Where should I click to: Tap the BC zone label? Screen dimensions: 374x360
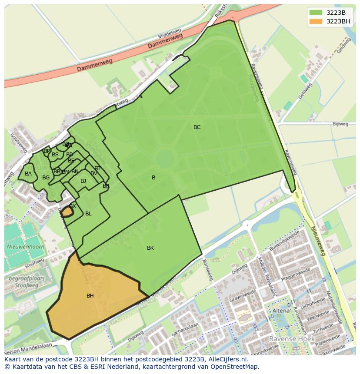pos(197,127)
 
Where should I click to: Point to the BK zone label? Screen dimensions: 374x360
pos(150,248)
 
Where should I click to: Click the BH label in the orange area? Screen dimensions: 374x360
pos(90,296)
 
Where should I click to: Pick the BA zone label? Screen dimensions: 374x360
pos(28,174)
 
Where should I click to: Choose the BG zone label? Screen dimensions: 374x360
pos(46,178)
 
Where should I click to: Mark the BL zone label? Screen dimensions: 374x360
pos(88,214)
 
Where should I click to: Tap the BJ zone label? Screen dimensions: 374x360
pos(83,181)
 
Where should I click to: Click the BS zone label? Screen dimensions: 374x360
pos(55,155)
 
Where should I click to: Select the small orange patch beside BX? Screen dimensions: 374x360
pos(67,212)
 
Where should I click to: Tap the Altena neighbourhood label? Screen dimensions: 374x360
pos(280,311)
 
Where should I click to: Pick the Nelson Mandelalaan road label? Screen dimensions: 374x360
pos(28,348)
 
